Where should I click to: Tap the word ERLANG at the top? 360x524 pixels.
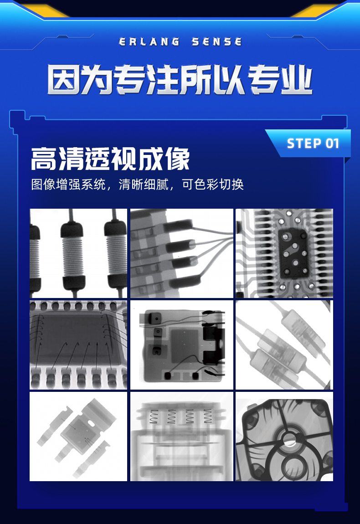click(x=149, y=42)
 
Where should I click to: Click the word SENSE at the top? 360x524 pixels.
click(x=216, y=42)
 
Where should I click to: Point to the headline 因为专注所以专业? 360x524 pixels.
click(x=180, y=80)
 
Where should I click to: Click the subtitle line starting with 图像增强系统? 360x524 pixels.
click(x=137, y=185)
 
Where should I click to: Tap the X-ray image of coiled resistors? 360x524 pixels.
click(x=78, y=253)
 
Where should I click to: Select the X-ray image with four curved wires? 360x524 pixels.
click(x=181, y=253)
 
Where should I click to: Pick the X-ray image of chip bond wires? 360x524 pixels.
click(x=78, y=345)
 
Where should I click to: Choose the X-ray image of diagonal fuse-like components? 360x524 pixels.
click(x=284, y=345)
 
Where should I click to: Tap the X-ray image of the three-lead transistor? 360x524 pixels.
click(x=78, y=437)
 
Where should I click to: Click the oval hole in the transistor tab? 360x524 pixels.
click(x=91, y=423)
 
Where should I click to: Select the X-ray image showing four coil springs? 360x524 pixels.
click(x=181, y=437)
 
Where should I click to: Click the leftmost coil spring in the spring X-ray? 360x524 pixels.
click(x=154, y=416)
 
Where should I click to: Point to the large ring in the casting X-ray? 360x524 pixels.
click(x=289, y=465)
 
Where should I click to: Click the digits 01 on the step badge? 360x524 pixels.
click(x=333, y=144)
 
